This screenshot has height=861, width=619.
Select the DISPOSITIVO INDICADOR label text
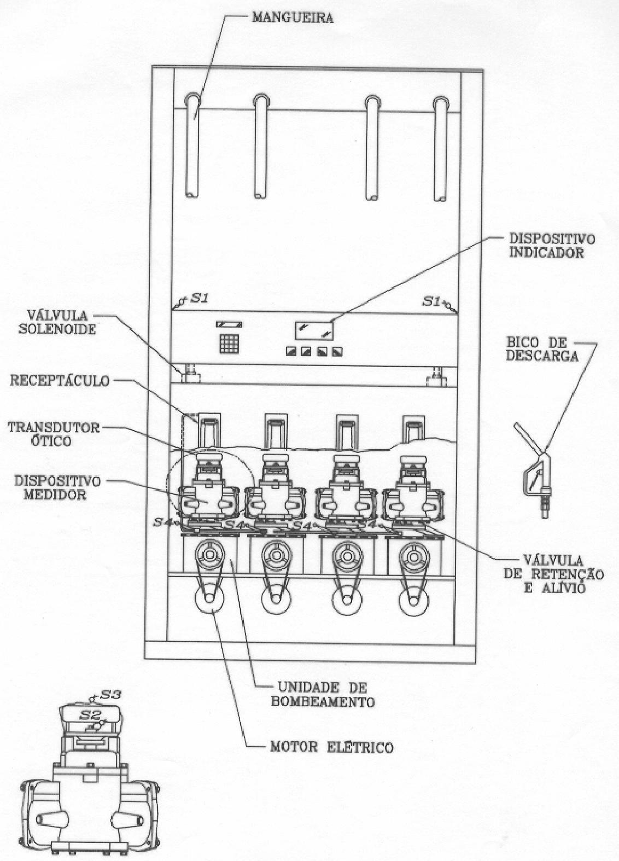(552, 246)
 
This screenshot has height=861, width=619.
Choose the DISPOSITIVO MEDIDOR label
(57, 487)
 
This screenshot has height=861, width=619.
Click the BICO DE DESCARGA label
(542, 349)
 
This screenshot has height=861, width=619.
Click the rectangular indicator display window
(314, 329)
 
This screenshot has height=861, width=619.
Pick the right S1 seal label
(431, 301)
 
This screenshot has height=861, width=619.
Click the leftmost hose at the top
(193, 146)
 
